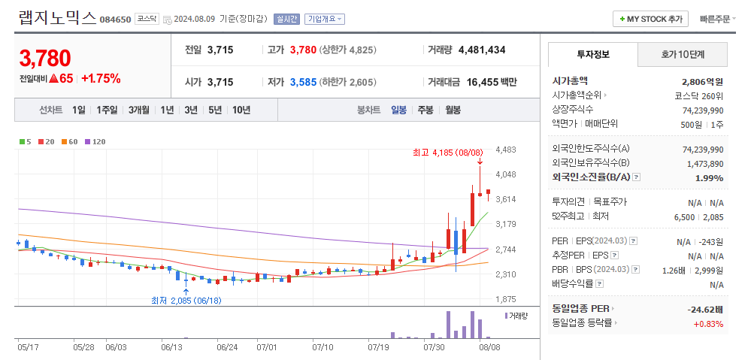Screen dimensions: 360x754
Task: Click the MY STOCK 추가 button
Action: tap(650, 19)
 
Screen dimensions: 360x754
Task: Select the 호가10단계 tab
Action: tap(683, 55)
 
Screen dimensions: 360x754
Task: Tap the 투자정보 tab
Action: tap(593, 55)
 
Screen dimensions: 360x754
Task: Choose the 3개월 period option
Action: tap(139, 110)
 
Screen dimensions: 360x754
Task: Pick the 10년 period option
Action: tap(241, 110)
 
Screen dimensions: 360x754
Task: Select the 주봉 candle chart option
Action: tap(425, 110)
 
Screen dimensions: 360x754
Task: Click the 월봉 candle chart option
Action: tap(453, 110)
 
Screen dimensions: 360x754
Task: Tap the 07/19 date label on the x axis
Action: tap(378, 347)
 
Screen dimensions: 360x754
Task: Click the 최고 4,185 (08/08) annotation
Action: tap(448, 153)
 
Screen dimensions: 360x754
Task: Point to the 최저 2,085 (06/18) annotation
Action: tap(186, 300)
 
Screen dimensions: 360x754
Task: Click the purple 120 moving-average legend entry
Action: tap(95, 141)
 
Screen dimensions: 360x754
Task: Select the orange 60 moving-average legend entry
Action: tap(70, 141)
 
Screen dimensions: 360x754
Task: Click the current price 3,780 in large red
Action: tap(45, 58)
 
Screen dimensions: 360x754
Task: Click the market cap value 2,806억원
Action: tap(702, 81)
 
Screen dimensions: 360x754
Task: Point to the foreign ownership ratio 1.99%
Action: tap(709, 178)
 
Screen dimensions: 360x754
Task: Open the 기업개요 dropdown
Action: tap(325, 19)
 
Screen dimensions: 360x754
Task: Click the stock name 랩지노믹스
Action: tap(57, 17)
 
